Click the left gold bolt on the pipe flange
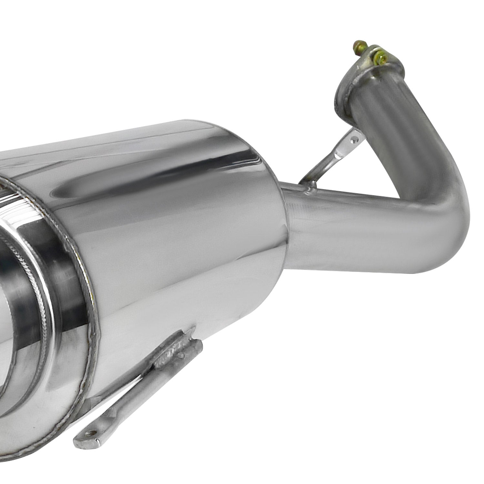point(358,45)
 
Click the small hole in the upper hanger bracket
point(355,140)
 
